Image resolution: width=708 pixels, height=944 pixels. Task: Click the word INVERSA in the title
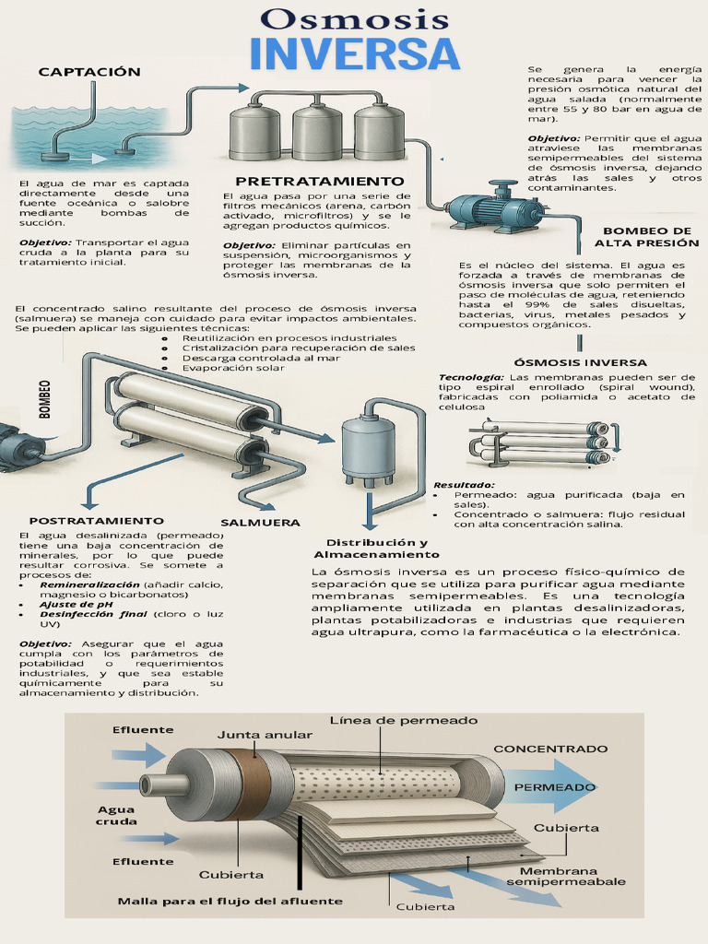click(x=355, y=54)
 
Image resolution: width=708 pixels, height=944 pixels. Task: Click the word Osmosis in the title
click(x=355, y=18)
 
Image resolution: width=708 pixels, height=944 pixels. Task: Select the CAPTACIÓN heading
click(x=89, y=72)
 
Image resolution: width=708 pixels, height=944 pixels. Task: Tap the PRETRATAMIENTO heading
click(x=320, y=182)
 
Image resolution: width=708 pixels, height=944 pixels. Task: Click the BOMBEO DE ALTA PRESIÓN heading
click(x=646, y=237)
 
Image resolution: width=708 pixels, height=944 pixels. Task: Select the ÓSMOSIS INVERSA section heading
click(x=580, y=362)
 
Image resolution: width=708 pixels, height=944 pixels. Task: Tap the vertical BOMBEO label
click(x=44, y=399)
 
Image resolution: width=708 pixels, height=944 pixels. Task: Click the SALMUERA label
click(x=260, y=522)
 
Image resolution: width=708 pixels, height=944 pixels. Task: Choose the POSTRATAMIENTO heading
click(x=96, y=521)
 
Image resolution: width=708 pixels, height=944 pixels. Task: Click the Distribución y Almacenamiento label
click(x=376, y=549)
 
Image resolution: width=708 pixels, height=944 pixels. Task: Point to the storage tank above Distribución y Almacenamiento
click(x=368, y=441)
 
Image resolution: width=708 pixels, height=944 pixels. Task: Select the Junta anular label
click(x=265, y=735)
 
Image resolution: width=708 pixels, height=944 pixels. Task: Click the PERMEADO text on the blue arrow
click(x=555, y=787)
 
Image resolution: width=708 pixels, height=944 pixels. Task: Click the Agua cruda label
click(x=117, y=815)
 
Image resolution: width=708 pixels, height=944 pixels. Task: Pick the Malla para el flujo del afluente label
click(x=230, y=901)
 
